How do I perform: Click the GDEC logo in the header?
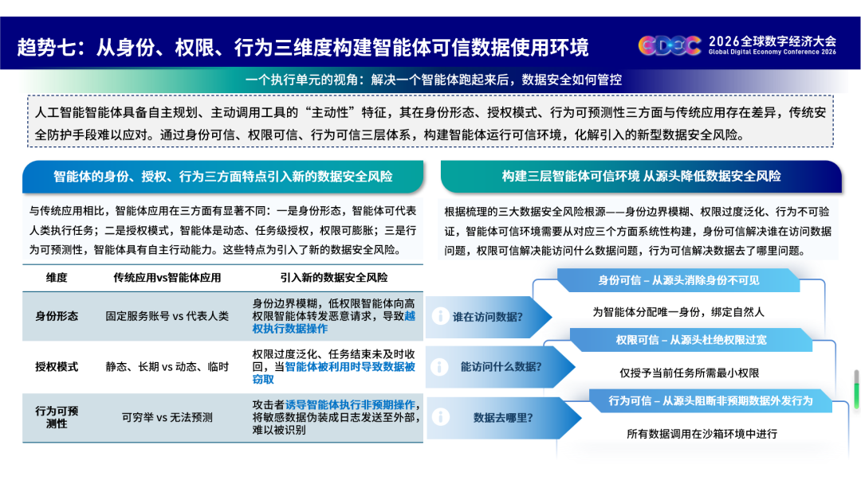click(x=670, y=45)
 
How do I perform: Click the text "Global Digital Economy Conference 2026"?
click(x=772, y=52)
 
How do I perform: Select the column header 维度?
click(x=57, y=278)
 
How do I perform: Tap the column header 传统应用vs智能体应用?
click(x=167, y=278)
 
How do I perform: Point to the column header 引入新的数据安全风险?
click(x=334, y=278)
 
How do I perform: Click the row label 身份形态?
click(x=57, y=316)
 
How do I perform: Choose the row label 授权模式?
click(x=57, y=367)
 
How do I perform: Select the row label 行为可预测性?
click(x=57, y=417)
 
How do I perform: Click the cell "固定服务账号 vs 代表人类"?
click(x=167, y=316)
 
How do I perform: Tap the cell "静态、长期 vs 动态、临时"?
click(x=167, y=367)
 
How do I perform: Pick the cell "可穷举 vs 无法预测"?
click(x=167, y=417)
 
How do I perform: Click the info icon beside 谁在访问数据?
click(x=440, y=316)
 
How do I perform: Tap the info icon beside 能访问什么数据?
click(x=440, y=367)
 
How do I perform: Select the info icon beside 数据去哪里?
click(x=440, y=417)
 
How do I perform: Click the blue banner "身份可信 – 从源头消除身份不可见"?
click(x=678, y=280)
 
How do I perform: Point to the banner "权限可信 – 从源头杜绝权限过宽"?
click(x=690, y=340)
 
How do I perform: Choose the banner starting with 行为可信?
click(x=710, y=400)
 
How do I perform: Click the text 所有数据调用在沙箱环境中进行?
click(x=702, y=434)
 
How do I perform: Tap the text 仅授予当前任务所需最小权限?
click(x=689, y=373)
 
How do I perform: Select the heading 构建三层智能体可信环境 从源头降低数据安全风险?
click(x=641, y=177)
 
